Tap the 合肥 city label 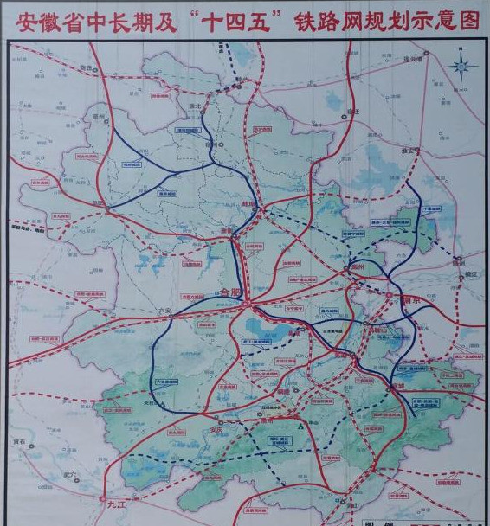coord(230,292)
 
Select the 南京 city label coord(412,299)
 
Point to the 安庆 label coord(205,427)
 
